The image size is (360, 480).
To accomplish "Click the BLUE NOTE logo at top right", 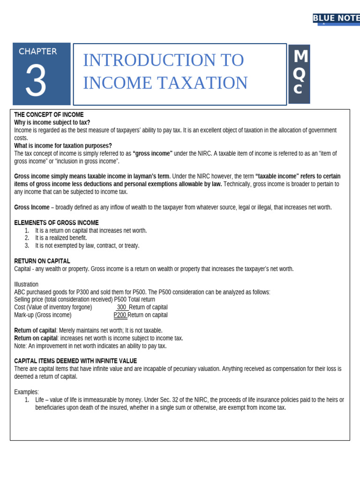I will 336,18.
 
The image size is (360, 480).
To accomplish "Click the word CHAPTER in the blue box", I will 38,52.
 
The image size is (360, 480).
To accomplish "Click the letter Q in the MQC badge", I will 300,74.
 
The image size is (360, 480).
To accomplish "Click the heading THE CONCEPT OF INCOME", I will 49,115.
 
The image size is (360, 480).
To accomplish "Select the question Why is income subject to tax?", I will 52,122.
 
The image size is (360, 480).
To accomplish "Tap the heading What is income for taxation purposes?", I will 63,146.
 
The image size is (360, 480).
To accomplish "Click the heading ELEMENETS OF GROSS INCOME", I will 56,223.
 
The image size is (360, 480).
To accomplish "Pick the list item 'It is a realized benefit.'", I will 61,238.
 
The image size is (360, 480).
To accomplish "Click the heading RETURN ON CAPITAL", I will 42,261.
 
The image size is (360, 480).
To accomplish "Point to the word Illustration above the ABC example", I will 26,285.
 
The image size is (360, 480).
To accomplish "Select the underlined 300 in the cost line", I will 121,307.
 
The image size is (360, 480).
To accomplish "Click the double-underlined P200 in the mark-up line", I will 120,315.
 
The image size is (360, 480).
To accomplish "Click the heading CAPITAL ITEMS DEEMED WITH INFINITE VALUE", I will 75,361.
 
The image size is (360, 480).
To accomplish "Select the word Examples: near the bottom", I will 27,392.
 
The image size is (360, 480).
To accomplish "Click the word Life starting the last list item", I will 41,400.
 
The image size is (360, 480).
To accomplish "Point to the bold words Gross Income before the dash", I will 31,207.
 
